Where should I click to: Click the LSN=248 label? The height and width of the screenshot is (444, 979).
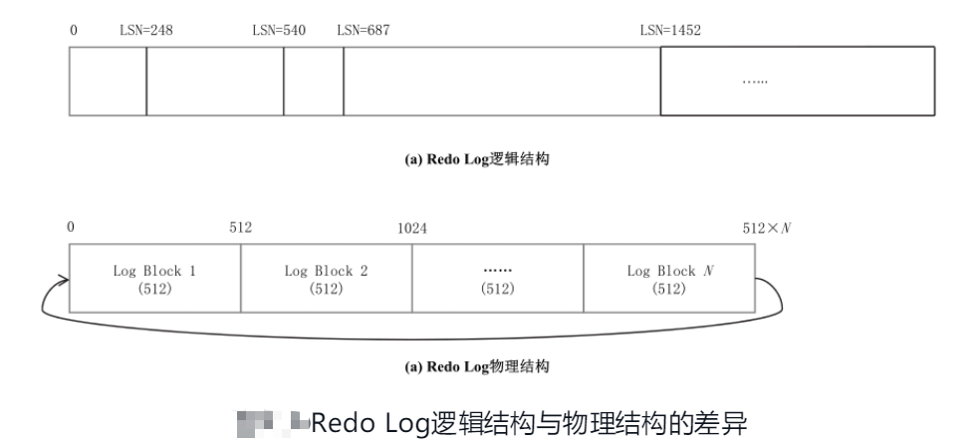coord(146,30)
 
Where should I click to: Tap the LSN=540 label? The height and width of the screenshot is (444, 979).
coord(279,30)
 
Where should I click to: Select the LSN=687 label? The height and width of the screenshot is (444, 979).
coord(363,30)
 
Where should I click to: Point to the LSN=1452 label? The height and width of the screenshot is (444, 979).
coord(670,30)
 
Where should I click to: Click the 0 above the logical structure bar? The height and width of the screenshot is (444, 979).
coord(73,30)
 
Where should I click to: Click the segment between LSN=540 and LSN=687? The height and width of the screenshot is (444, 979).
coord(314,80)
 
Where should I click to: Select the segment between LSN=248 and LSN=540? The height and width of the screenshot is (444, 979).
coord(215,80)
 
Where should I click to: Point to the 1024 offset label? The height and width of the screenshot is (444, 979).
coord(412,228)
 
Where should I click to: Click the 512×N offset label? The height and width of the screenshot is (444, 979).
coord(766,228)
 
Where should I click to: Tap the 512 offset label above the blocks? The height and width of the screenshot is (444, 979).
coord(240,228)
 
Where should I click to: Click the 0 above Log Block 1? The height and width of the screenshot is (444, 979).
coord(71,228)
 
